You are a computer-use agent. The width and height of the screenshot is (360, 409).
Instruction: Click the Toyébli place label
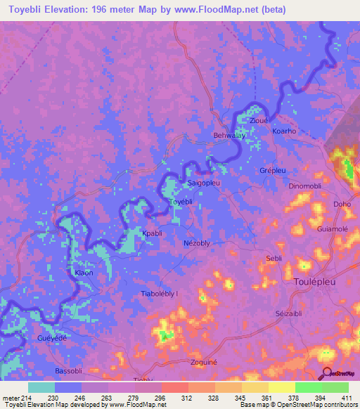click(181, 201)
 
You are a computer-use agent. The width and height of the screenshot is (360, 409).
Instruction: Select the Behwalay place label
click(229, 136)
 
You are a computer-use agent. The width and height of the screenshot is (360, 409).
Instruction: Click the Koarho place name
click(284, 131)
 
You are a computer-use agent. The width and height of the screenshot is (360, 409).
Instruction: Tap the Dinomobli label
click(304, 186)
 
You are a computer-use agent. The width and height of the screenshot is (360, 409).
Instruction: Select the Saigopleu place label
click(205, 183)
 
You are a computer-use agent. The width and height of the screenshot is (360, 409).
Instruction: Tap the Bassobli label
click(69, 370)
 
